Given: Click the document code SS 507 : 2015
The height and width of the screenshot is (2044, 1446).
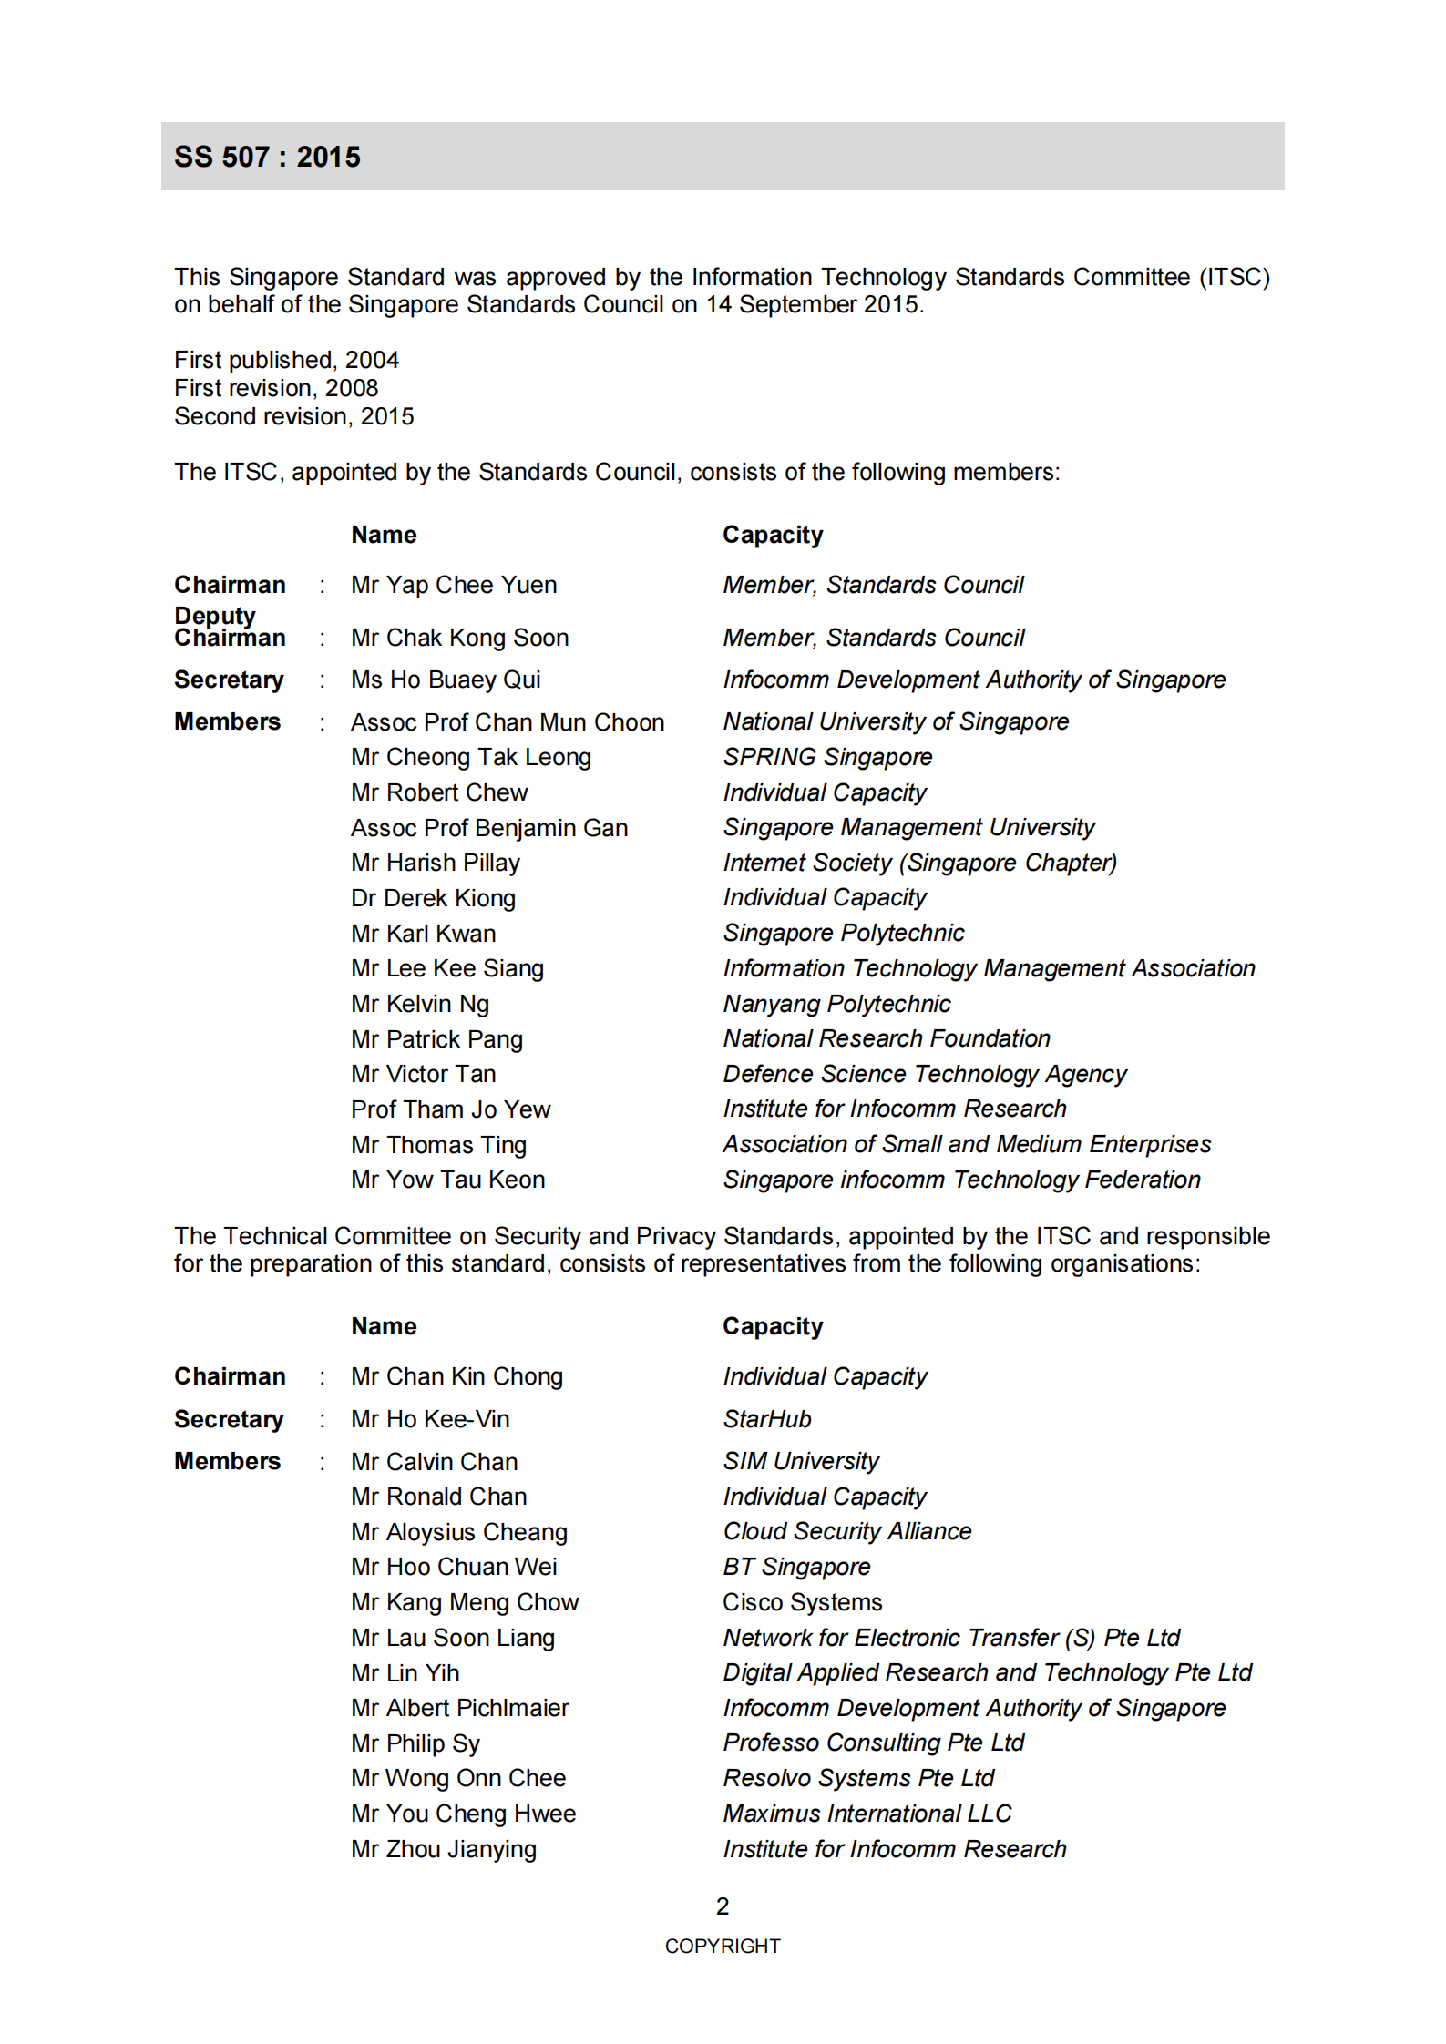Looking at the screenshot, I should [267, 157].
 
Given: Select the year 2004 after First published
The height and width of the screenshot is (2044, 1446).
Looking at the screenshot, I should [372, 360].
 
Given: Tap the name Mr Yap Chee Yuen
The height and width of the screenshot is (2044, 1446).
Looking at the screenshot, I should [454, 585].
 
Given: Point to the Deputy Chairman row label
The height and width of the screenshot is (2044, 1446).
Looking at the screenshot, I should [230, 627].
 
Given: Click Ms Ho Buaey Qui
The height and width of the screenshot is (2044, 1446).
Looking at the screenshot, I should [446, 680].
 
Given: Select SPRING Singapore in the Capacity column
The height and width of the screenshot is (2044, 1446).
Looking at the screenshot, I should [827, 757].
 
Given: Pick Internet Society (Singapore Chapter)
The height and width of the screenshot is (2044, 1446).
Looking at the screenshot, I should [919, 863].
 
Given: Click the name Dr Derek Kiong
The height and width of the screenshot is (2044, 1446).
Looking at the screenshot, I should [433, 898].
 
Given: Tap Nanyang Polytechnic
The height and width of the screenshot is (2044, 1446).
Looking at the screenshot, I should [836, 1004].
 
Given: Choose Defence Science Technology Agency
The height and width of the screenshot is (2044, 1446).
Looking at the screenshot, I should [924, 1074].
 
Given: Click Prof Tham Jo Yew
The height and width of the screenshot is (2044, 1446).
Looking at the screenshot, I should [450, 1109].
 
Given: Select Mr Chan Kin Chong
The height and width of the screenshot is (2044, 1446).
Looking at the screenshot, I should [456, 1376].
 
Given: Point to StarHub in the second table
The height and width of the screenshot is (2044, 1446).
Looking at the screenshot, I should [766, 1419].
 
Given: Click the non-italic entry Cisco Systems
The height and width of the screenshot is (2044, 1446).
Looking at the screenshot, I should [802, 1602].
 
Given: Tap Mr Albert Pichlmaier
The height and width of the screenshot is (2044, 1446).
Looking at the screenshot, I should [459, 1708].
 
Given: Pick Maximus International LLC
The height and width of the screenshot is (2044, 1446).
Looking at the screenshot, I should [867, 1814].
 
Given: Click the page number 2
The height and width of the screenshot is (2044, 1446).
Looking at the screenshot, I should [723, 1906].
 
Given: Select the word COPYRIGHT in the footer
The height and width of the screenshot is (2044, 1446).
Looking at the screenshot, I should [723, 1947].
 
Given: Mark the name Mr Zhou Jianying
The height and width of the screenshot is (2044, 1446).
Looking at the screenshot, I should [444, 1849].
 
